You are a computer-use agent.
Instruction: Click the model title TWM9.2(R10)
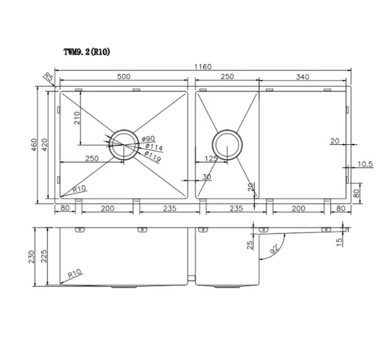pyautogui.click(x=86, y=52)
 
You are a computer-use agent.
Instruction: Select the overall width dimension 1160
pyautogui.click(x=203, y=67)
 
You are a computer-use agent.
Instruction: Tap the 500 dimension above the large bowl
pyautogui.click(x=123, y=76)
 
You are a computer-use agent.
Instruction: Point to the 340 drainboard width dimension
pyautogui.click(x=302, y=77)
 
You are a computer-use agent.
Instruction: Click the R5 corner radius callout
pyautogui.click(x=49, y=77)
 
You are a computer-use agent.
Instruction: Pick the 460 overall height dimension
pyautogui.click(x=34, y=145)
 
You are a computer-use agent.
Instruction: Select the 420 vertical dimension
pyautogui.click(x=44, y=145)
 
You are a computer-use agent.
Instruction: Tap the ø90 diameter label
pyautogui.click(x=148, y=138)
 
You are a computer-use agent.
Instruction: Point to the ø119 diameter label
pyautogui.click(x=153, y=157)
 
